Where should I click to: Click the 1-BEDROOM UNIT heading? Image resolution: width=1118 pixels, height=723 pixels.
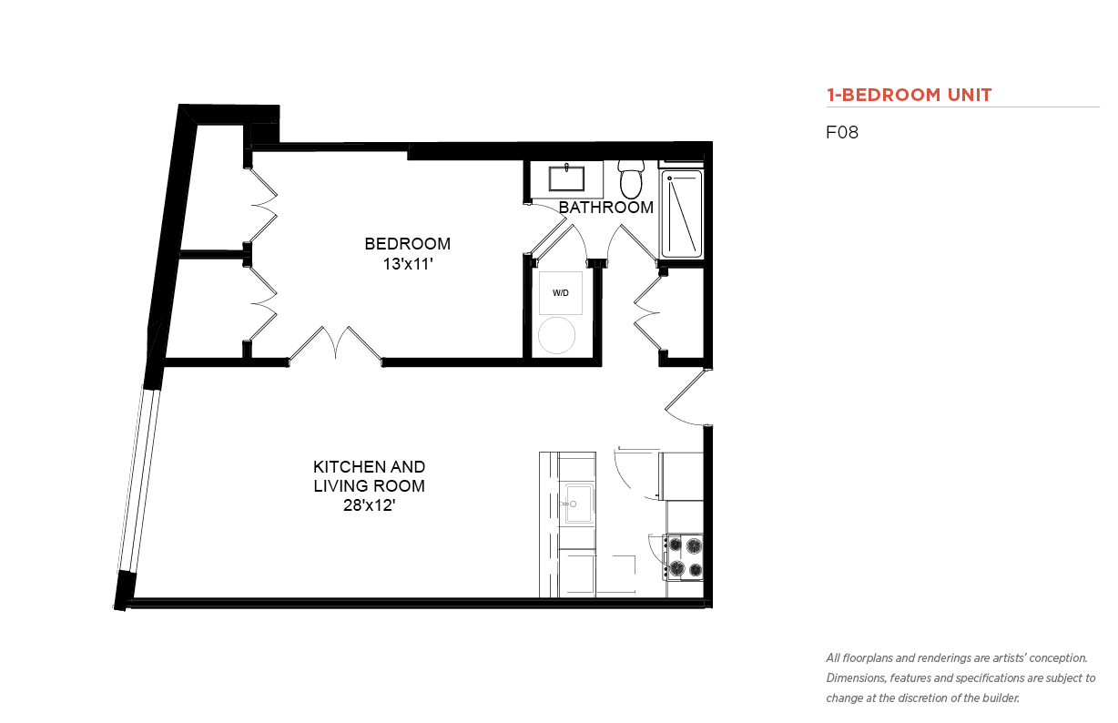click(909, 95)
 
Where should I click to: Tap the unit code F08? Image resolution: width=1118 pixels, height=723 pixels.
click(842, 132)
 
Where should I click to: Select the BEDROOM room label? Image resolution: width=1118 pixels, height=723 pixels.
click(407, 244)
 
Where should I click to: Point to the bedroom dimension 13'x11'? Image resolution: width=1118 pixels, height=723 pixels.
click(407, 264)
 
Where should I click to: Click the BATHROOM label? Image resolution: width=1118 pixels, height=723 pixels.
click(606, 208)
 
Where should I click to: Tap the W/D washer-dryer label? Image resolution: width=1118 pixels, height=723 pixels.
click(561, 293)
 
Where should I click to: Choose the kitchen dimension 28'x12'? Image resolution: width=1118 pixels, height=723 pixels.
click(370, 505)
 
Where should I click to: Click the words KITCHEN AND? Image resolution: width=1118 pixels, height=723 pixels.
click(370, 467)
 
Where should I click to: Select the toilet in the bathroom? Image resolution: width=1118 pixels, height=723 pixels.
click(631, 179)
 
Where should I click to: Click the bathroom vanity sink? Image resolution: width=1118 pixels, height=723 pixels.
click(566, 178)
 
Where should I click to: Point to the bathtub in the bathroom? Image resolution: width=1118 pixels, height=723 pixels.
click(682, 214)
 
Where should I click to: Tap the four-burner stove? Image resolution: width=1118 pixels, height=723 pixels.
click(684, 557)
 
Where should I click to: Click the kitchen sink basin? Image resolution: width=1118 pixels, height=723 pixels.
click(578, 504)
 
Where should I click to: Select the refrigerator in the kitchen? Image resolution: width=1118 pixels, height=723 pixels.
click(681, 476)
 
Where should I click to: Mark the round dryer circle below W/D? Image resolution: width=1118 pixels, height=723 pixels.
click(556, 335)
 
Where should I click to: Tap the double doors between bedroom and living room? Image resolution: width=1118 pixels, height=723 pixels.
click(335, 345)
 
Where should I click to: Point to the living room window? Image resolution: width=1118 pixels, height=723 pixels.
click(139, 480)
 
